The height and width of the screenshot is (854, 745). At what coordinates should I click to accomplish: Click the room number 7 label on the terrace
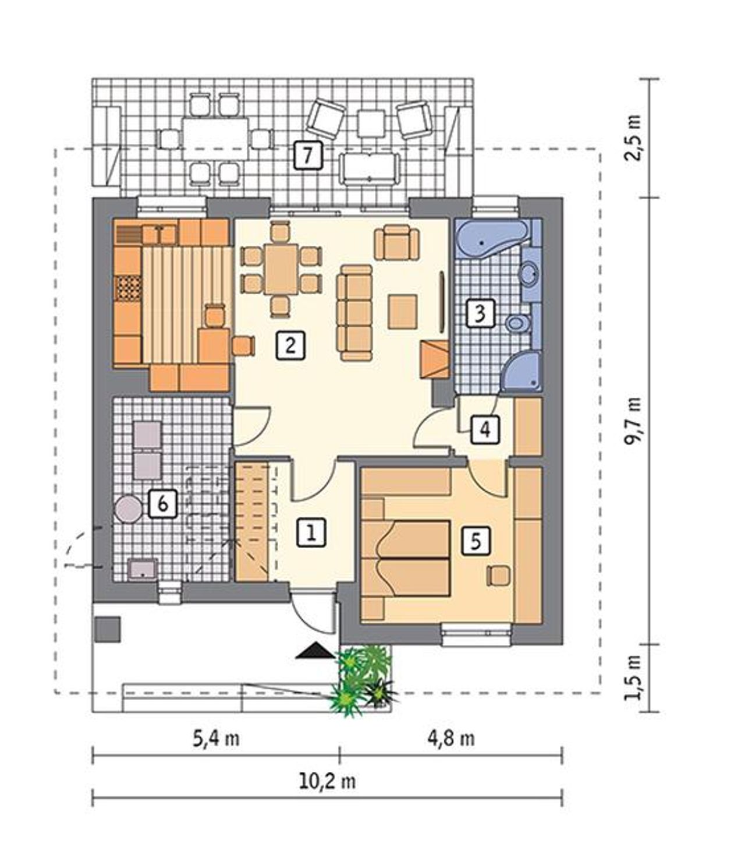coord(308,156)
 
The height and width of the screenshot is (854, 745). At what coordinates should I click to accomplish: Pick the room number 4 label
coord(485,429)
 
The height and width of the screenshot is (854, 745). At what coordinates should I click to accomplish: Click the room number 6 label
coord(162,504)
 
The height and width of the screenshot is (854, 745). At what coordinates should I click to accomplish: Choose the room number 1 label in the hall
coord(311,532)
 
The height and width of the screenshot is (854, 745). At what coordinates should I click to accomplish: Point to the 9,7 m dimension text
coord(634,421)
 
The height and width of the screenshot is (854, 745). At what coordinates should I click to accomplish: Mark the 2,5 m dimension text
coord(634,137)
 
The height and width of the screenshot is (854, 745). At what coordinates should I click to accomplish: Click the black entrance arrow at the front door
coord(315,651)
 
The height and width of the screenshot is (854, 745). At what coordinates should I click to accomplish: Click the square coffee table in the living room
coord(402,311)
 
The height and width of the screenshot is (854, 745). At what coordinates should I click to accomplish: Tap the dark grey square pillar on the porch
coord(108,629)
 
